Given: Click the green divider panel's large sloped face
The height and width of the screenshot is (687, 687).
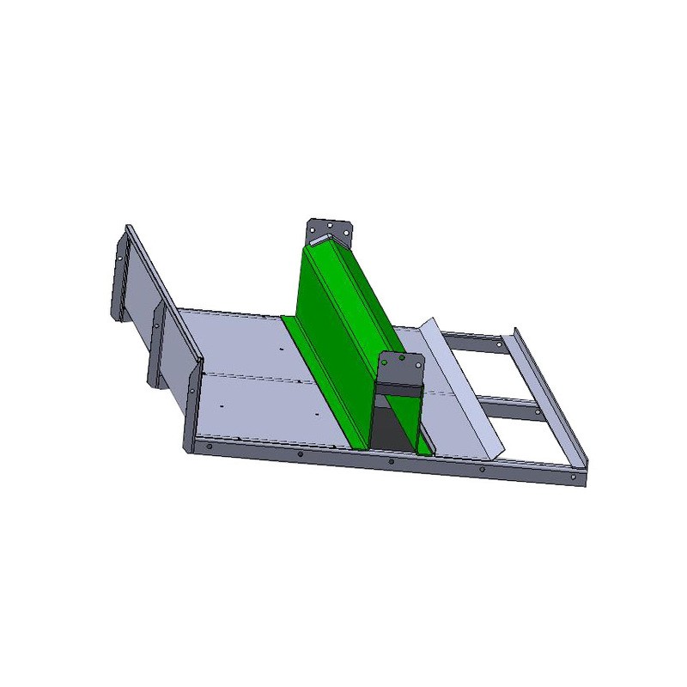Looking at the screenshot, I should pos(343,326).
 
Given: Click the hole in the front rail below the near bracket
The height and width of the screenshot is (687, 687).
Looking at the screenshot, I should pos(392,461).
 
